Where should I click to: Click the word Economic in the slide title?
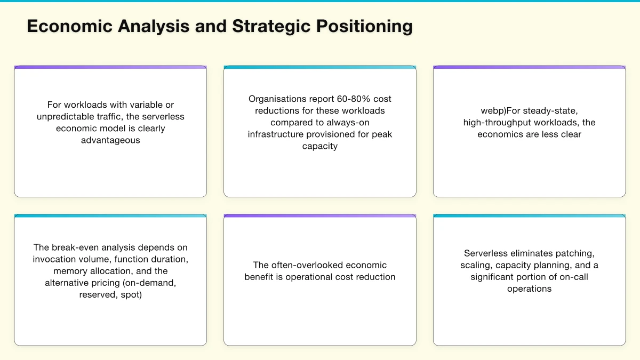point(69,26)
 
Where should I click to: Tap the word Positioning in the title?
point(364,27)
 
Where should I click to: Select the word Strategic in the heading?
point(271,27)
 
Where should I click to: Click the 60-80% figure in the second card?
point(354,99)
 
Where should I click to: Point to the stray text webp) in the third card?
point(493,111)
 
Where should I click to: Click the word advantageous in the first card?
point(110,140)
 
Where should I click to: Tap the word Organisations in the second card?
point(277,99)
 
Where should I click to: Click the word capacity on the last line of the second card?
point(320,146)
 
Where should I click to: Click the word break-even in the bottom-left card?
point(75,247)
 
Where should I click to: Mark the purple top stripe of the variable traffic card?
point(110,67)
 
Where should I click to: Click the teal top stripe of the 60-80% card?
point(320,67)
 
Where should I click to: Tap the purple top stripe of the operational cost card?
point(320,216)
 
